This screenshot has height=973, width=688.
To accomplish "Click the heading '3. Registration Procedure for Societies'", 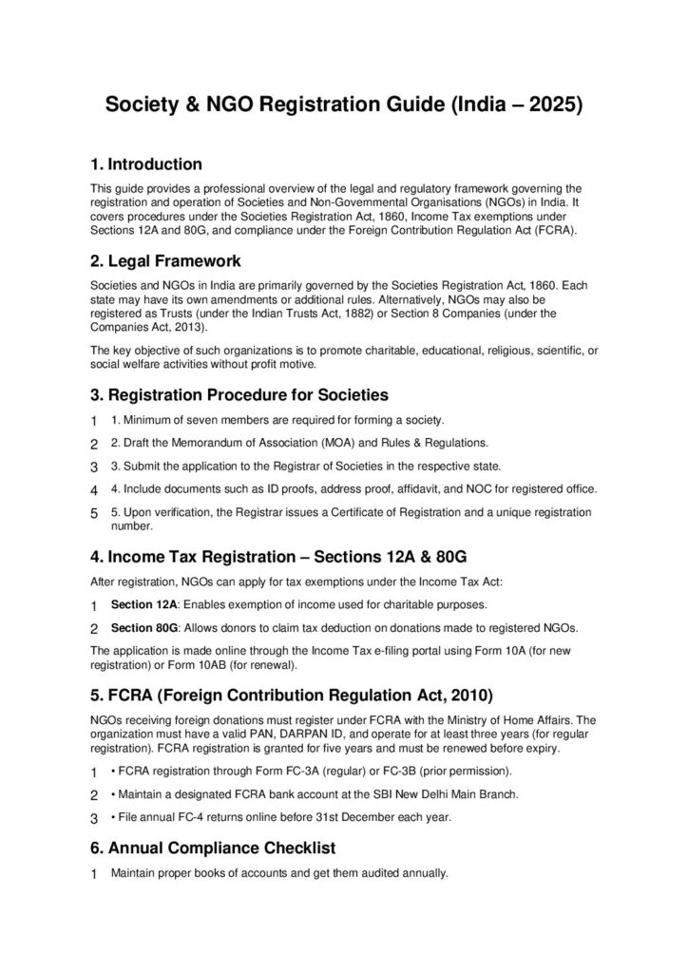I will point(239,393).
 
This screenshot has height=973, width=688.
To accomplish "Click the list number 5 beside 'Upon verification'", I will point(94,514).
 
